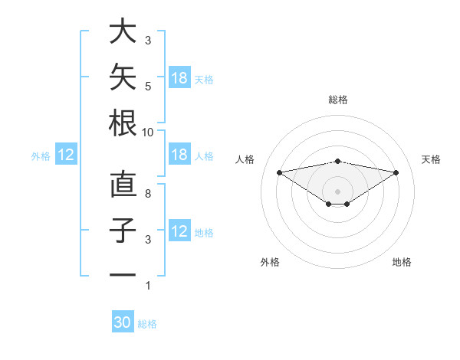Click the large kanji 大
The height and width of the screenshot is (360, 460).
coord(123,31)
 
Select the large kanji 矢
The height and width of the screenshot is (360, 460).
coord(123,77)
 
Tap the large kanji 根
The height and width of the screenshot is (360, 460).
coord(123,123)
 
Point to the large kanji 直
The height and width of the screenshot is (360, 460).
coord(123,184)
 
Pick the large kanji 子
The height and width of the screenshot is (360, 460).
coord(123,230)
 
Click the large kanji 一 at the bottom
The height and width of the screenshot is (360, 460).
coord(123,275)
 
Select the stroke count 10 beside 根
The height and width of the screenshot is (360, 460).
coord(147,133)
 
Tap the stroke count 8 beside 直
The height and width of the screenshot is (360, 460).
coord(148,194)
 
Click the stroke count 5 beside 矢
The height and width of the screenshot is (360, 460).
coord(148,87)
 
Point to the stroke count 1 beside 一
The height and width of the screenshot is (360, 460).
coord(148,286)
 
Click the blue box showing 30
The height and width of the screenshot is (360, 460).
coord(123,321)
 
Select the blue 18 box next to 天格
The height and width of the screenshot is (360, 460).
coord(179,77)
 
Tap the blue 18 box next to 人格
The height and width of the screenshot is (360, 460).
coord(179,154)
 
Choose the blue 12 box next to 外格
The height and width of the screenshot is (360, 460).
coord(66,154)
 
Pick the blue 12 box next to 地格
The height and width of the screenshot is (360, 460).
coord(179,230)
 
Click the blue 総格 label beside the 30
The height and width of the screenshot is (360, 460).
coord(147,324)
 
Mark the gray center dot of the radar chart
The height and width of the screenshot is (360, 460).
coord(337,191)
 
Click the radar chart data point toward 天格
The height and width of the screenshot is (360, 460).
coord(396,172)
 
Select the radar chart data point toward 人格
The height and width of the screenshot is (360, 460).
coord(279,172)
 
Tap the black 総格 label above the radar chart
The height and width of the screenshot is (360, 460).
coord(338,100)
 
